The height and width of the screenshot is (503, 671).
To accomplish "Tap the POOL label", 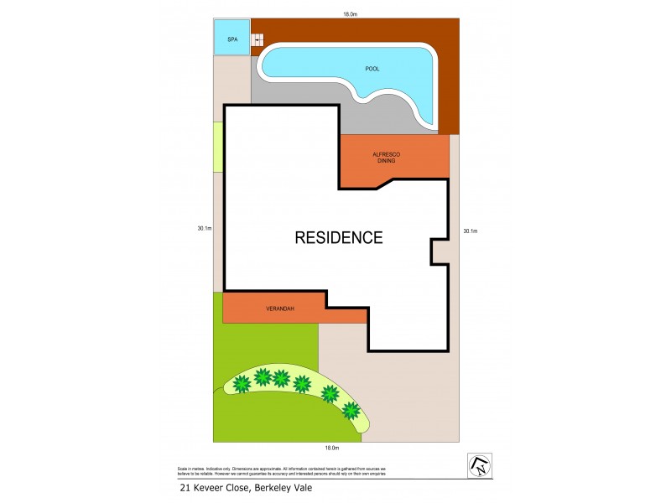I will (x=372, y=69).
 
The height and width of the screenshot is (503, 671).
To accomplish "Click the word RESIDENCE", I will (x=338, y=237).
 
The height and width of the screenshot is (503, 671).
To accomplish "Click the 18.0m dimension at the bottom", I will (x=331, y=449).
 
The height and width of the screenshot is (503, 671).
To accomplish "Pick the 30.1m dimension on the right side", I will (x=470, y=231).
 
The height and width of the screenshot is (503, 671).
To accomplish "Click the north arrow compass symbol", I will (x=479, y=464).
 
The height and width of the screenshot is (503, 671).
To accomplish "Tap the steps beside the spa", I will (x=258, y=39).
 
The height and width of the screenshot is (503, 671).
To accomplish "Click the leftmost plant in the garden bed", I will (x=242, y=384).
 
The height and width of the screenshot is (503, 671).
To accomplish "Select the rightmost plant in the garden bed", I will (x=351, y=411).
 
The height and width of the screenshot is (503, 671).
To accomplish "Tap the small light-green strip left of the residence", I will (x=217, y=147).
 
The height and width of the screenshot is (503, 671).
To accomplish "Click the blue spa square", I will (x=231, y=38).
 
